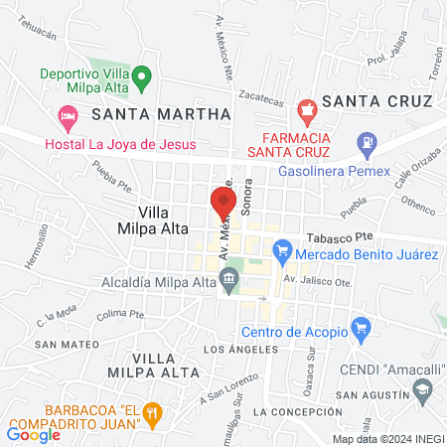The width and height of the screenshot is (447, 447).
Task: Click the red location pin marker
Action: point(220,202)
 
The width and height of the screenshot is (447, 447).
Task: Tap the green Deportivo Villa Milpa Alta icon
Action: point(142,74)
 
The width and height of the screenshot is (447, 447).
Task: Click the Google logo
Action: point(34,434)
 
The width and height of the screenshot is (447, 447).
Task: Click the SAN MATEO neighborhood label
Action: point(67,344)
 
